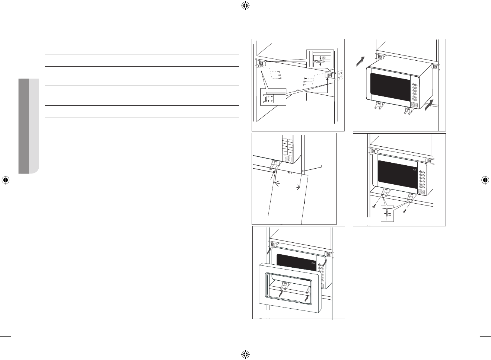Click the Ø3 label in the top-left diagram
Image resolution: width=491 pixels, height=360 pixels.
pos(323,57)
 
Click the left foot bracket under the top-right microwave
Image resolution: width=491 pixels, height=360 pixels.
pos(379,106)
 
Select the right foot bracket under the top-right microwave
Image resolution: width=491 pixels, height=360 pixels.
pos(407,110)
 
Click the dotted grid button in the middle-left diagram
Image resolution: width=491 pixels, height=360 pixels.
pos(287,159)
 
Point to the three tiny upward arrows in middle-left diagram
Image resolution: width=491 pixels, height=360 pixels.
pos(290,173)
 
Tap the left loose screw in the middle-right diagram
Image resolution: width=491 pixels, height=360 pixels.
pos(374,206)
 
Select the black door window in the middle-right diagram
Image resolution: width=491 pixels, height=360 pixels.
pos(396,174)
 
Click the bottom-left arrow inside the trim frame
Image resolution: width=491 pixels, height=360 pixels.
pos(281,293)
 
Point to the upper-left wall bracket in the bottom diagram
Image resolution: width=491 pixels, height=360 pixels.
pos(272,245)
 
